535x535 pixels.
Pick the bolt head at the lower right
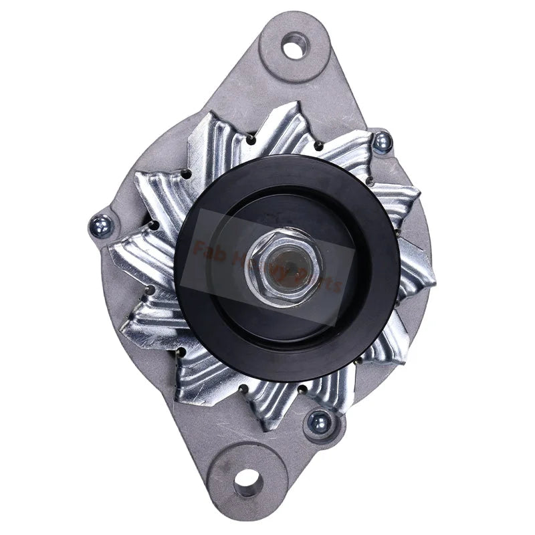coord(319,421)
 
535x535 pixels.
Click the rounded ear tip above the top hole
coord(295,20)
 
